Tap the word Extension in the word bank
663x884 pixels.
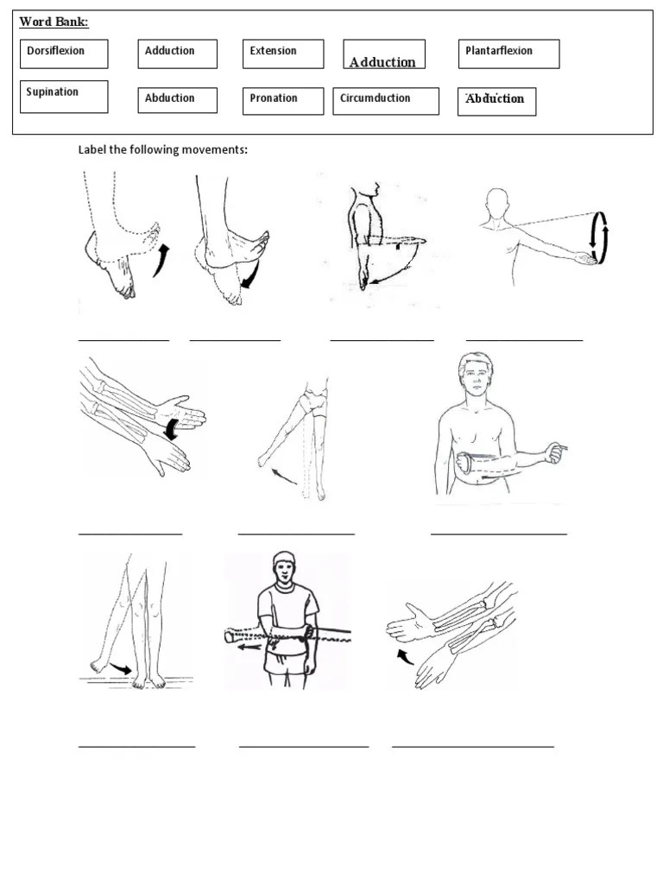tap(282, 54)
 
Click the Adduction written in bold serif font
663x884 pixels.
tap(382, 61)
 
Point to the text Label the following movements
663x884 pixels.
tap(163, 150)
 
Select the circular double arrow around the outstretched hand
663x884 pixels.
tap(597, 237)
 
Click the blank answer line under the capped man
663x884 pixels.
tap(303, 745)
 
